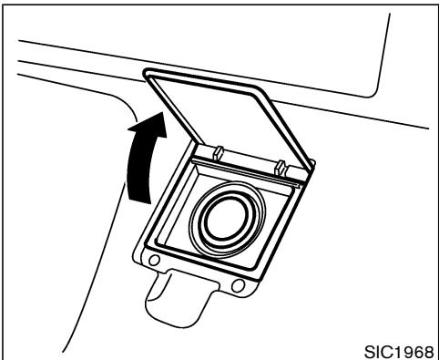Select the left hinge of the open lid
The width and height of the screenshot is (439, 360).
[219, 150]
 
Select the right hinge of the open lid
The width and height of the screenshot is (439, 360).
[282, 167]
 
